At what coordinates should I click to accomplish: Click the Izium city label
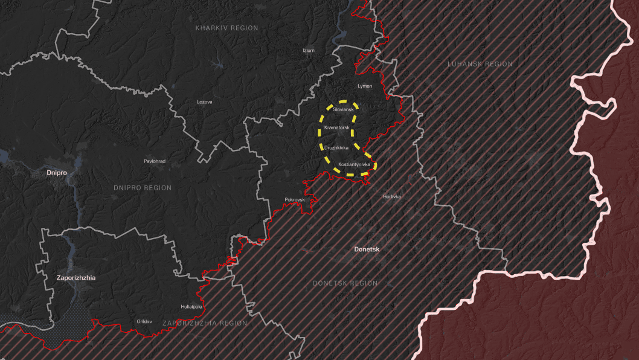pos(309,50)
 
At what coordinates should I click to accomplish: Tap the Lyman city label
pos(365,86)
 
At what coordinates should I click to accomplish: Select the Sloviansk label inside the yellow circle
pos(343,109)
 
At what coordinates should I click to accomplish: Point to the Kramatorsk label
pos(336,127)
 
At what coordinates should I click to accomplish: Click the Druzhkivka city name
pos(336,147)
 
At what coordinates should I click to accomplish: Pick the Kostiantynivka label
pos(354,164)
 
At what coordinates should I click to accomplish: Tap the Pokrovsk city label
pos(295,199)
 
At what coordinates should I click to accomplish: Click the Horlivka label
pos(392,196)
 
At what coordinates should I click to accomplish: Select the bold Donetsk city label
pos(367,249)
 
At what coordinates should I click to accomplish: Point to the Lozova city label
pos(205,101)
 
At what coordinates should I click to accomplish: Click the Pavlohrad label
pos(155,161)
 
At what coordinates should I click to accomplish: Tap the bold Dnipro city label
pos(57,173)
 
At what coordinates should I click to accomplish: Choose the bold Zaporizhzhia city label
pos(76,278)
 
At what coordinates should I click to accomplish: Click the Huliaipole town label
pos(191,307)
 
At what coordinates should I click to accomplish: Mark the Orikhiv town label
pos(144,321)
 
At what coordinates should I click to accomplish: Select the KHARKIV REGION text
pos(226,28)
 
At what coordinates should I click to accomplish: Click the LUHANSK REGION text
pos(480,64)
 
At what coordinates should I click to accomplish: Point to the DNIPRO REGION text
pos(143,188)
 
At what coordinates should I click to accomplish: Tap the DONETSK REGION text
pos(345,283)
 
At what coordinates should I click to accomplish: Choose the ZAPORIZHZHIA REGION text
pos(205,323)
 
